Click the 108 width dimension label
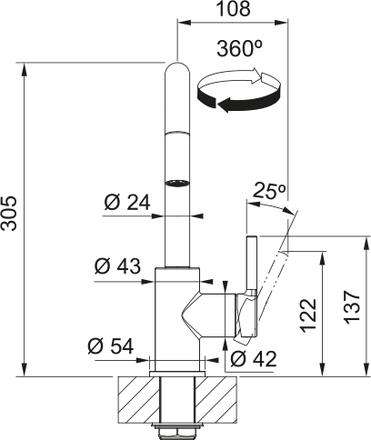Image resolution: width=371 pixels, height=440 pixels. pos(234,8)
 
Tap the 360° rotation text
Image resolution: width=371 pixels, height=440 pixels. pos(239,48)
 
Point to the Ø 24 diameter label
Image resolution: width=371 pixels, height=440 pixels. pos(127,203)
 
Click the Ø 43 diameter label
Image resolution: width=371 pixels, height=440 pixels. pos(117,266)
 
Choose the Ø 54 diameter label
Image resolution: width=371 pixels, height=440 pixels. pos(111,346)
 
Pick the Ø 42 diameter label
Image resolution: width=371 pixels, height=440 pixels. pos(254,359)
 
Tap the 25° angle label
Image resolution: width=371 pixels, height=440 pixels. pos(269,191)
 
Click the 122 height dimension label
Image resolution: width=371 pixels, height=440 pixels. pos(308,315)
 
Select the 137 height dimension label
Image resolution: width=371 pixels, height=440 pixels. pos(353,307)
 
